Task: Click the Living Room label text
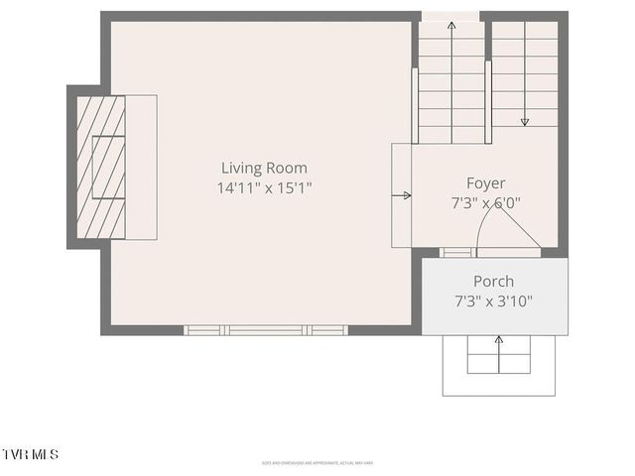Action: click(264, 169)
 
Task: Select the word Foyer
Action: click(486, 182)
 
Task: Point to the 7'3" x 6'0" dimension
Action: click(486, 202)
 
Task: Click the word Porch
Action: click(493, 281)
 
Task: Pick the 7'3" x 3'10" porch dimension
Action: click(493, 300)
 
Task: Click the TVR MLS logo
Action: click(31, 454)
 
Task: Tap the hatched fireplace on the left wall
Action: click(101, 167)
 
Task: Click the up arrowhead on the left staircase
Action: click(451, 24)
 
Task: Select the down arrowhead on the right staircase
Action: click(525, 122)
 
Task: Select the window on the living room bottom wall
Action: click(266, 330)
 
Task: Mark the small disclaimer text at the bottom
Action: click(317, 462)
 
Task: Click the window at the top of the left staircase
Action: click(451, 15)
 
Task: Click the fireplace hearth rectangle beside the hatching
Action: click(142, 167)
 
